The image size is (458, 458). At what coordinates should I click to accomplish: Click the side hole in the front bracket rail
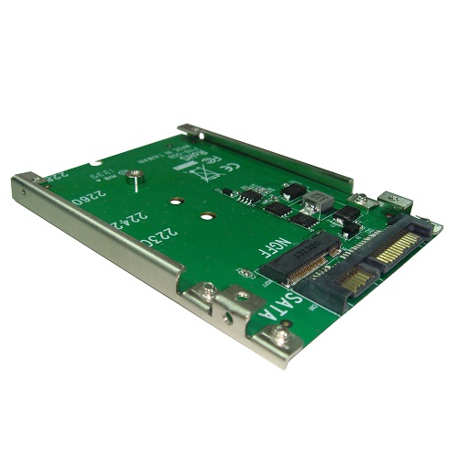(x=226, y=320)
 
